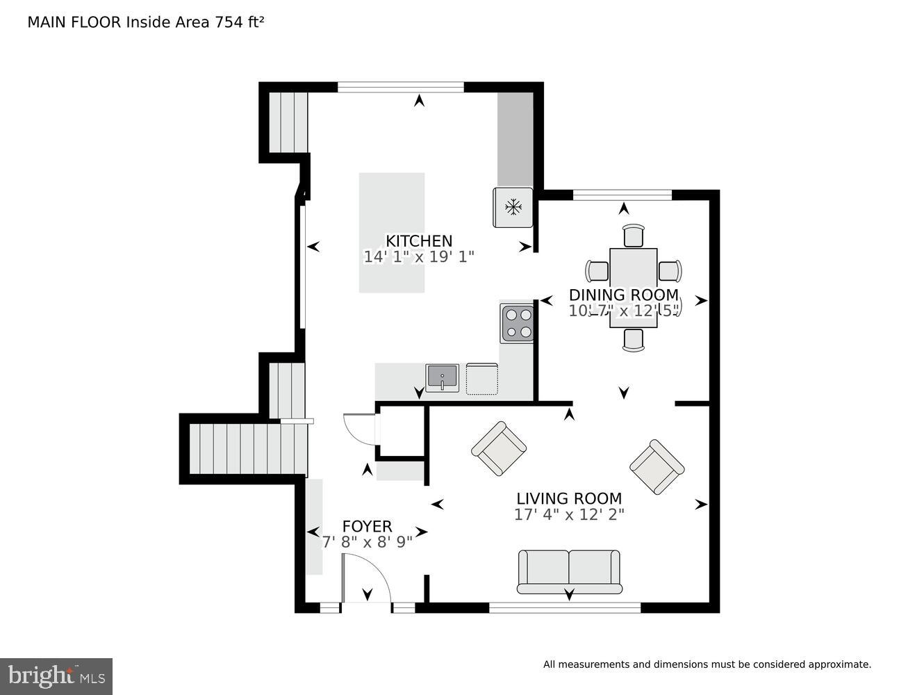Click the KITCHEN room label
[419, 240]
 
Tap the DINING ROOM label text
[623, 295]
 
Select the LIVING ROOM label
[568, 498]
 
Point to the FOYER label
[367, 526]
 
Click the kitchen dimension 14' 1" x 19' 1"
[419, 256]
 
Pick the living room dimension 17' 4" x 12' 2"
[568, 514]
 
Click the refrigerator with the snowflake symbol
[513, 206]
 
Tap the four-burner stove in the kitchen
[517, 323]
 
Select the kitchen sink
[442, 378]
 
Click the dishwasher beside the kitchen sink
[482, 378]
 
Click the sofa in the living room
[569, 571]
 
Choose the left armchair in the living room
[498, 448]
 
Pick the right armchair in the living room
[657, 466]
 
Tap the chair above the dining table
[634, 236]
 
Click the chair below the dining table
[634, 340]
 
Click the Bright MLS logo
[56, 676]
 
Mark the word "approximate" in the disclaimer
[839, 664]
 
